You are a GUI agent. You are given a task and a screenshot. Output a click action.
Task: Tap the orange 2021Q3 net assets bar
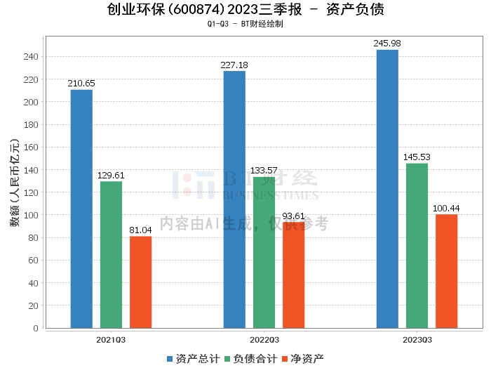coord(140,282)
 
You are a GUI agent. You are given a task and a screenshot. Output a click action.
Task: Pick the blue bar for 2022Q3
coord(234,199)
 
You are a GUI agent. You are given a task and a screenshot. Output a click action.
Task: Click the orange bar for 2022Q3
coord(293,275)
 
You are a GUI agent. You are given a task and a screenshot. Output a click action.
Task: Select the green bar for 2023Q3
coord(417,245)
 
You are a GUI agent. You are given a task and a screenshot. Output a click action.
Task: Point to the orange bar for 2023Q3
coord(446,271)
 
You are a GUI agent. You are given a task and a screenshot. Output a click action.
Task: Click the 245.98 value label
coord(387,44)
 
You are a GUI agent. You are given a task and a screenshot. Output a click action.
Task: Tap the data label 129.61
coord(111,176)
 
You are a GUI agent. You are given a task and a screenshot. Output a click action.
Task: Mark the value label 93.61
coord(293,216)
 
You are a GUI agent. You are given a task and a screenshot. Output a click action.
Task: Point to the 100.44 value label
coord(446,208)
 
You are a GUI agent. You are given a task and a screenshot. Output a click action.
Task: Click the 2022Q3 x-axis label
coord(264,340)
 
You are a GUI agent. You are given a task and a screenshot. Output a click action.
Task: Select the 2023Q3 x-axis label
coord(417,340)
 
